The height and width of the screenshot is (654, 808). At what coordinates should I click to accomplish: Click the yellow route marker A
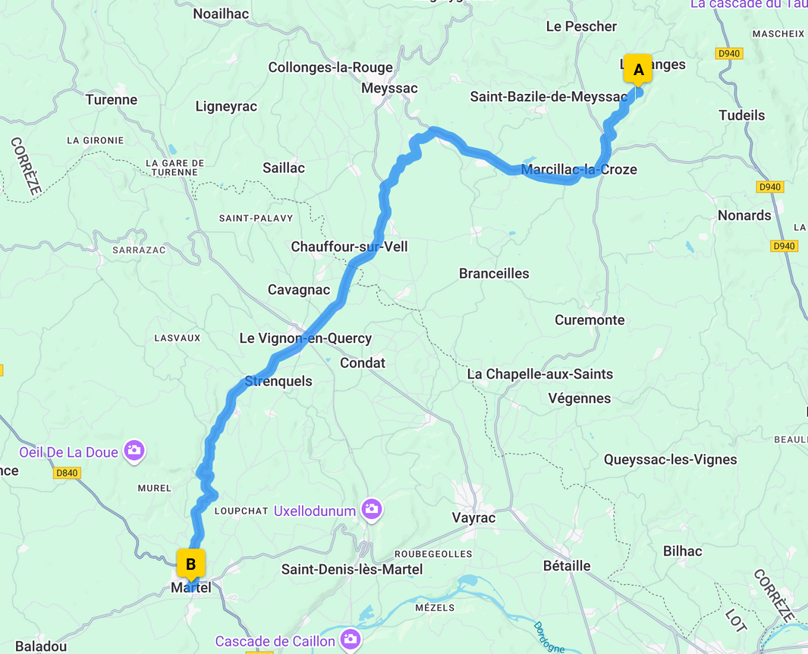(x=638, y=70)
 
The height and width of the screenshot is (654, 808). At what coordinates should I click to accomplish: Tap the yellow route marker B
(x=190, y=564)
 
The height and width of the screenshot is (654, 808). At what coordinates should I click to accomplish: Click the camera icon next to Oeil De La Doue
(x=134, y=451)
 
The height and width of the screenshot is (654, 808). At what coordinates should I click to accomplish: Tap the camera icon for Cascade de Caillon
(x=350, y=640)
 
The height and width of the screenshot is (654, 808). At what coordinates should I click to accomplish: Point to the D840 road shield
(x=67, y=473)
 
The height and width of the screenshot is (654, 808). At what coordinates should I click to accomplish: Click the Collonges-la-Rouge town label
(x=330, y=68)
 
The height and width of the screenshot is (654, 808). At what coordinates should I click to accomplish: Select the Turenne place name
(x=112, y=99)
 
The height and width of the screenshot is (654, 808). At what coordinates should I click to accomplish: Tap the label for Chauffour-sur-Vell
(x=349, y=247)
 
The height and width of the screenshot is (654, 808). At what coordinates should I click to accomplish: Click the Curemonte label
(x=589, y=319)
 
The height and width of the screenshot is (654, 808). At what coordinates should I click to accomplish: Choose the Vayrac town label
(x=473, y=518)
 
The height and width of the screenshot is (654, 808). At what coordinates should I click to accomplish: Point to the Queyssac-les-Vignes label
(x=670, y=459)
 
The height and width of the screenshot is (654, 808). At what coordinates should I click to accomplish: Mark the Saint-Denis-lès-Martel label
(x=352, y=569)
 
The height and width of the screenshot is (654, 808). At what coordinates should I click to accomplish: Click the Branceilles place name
(x=494, y=273)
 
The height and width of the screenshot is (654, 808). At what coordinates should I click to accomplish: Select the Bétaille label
(x=567, y=565)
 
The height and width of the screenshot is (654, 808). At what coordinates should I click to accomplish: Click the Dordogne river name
(x=549, y=637)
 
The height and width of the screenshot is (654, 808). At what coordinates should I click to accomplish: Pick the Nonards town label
(x=744, y=215)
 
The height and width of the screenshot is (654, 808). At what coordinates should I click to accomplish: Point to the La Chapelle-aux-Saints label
(x=539, y=374)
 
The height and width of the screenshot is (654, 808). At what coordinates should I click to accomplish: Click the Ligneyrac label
(x=226, y=106)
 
